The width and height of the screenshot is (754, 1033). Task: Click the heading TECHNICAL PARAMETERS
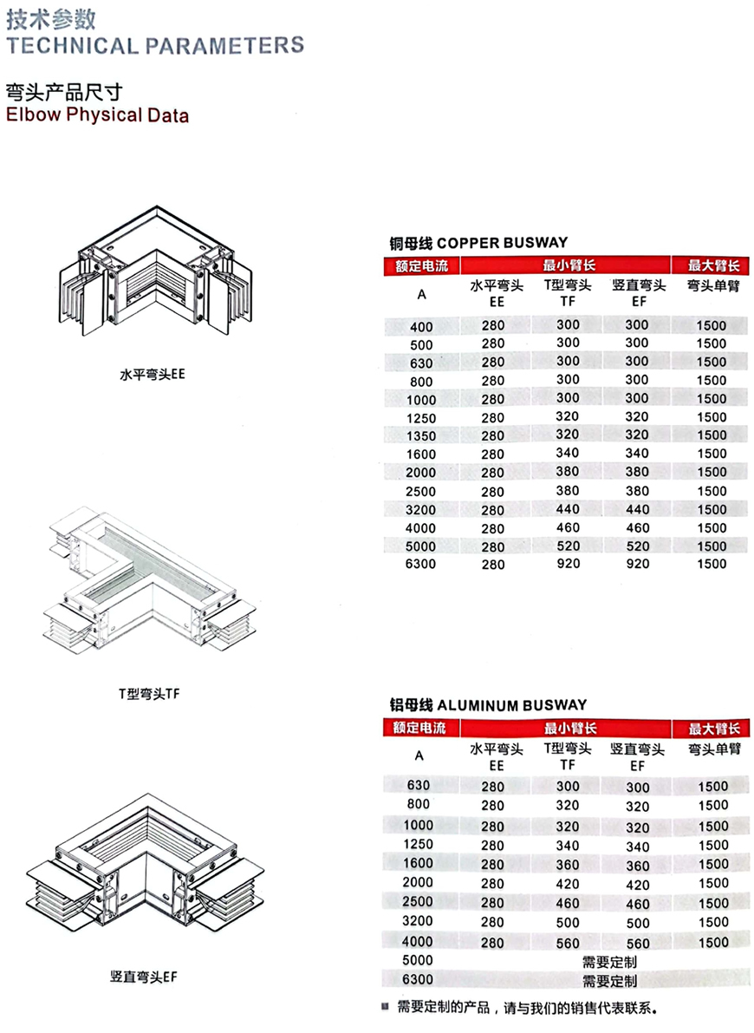click(x=155, y=45)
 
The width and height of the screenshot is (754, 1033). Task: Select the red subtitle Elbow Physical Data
click(x=97, y=114)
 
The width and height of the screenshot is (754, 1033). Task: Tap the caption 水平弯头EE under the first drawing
click(x=153, y=374)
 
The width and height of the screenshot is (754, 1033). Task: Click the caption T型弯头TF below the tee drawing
click(x=149, y=694)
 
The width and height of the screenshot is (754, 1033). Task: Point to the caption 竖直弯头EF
click(x=144, y=977)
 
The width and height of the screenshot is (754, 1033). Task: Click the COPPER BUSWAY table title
click(x=478, y=243)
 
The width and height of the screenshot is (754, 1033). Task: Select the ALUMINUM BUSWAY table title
click(x=488, y=705)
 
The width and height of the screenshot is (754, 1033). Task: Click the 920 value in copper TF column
click(x=569, y=563)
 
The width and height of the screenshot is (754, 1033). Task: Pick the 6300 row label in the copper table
click(x=421, y=564)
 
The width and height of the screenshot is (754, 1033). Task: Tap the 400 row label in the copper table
click(x=421, y=327)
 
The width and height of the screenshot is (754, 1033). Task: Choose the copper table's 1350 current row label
click(x=421, y=436)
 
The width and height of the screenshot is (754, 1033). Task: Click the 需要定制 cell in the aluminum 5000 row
click(x=610, y=962)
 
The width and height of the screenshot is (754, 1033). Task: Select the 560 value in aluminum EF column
click(x=638, y=944)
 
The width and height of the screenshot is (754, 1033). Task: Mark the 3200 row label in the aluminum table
click(x=418, y=921)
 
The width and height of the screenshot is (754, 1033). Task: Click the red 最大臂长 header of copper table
click(x=714, y=265)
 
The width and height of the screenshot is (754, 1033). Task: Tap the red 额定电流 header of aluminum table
click(x=419, y=728)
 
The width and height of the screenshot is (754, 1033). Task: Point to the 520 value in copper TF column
click(x=569, y=546)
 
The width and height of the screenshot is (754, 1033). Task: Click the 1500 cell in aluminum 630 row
click(x=713, y=786)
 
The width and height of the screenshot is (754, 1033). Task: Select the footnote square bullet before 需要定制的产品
click(x=386, y=1006)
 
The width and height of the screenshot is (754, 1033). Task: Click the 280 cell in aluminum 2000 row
click(x=492, y=884)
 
